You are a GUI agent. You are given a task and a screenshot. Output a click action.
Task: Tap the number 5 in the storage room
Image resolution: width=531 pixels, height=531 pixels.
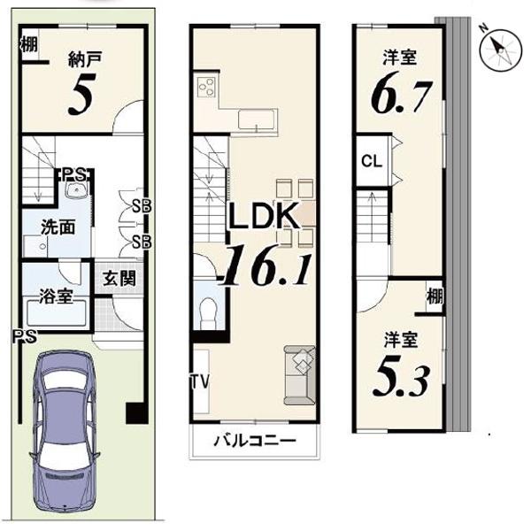(x=81, y=94)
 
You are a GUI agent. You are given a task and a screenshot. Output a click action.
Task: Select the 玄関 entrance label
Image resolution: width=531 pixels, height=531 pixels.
(x=119, y=279)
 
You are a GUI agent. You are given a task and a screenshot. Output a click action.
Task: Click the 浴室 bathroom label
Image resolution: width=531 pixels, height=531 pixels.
(x=56, y=296)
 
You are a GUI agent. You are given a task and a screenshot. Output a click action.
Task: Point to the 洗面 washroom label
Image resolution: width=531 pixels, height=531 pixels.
(x=58, y=227)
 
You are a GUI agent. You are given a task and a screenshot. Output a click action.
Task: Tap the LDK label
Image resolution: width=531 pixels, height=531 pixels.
(x=265, y=215)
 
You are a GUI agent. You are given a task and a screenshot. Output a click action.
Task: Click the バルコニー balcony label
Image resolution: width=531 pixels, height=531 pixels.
(x=256, y=441)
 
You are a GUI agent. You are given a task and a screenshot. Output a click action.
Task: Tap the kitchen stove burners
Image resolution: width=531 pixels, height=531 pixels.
(x=206, y=87)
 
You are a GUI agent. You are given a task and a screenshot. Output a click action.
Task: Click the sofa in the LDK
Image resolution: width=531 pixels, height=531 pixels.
(x=299, y=375)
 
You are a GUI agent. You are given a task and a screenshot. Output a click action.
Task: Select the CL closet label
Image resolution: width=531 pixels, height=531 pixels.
(x=372, y=161)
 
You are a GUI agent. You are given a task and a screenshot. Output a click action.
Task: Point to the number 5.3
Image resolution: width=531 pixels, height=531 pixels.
(x=401, y=381)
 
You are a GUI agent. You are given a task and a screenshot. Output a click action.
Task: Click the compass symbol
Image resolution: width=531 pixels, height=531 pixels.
(x=501, y=50)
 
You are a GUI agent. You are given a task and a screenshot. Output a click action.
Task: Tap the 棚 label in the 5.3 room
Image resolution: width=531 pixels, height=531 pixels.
(x=435, y=296)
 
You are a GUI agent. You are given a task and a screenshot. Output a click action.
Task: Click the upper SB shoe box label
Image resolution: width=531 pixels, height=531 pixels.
(x=142, y=206)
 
